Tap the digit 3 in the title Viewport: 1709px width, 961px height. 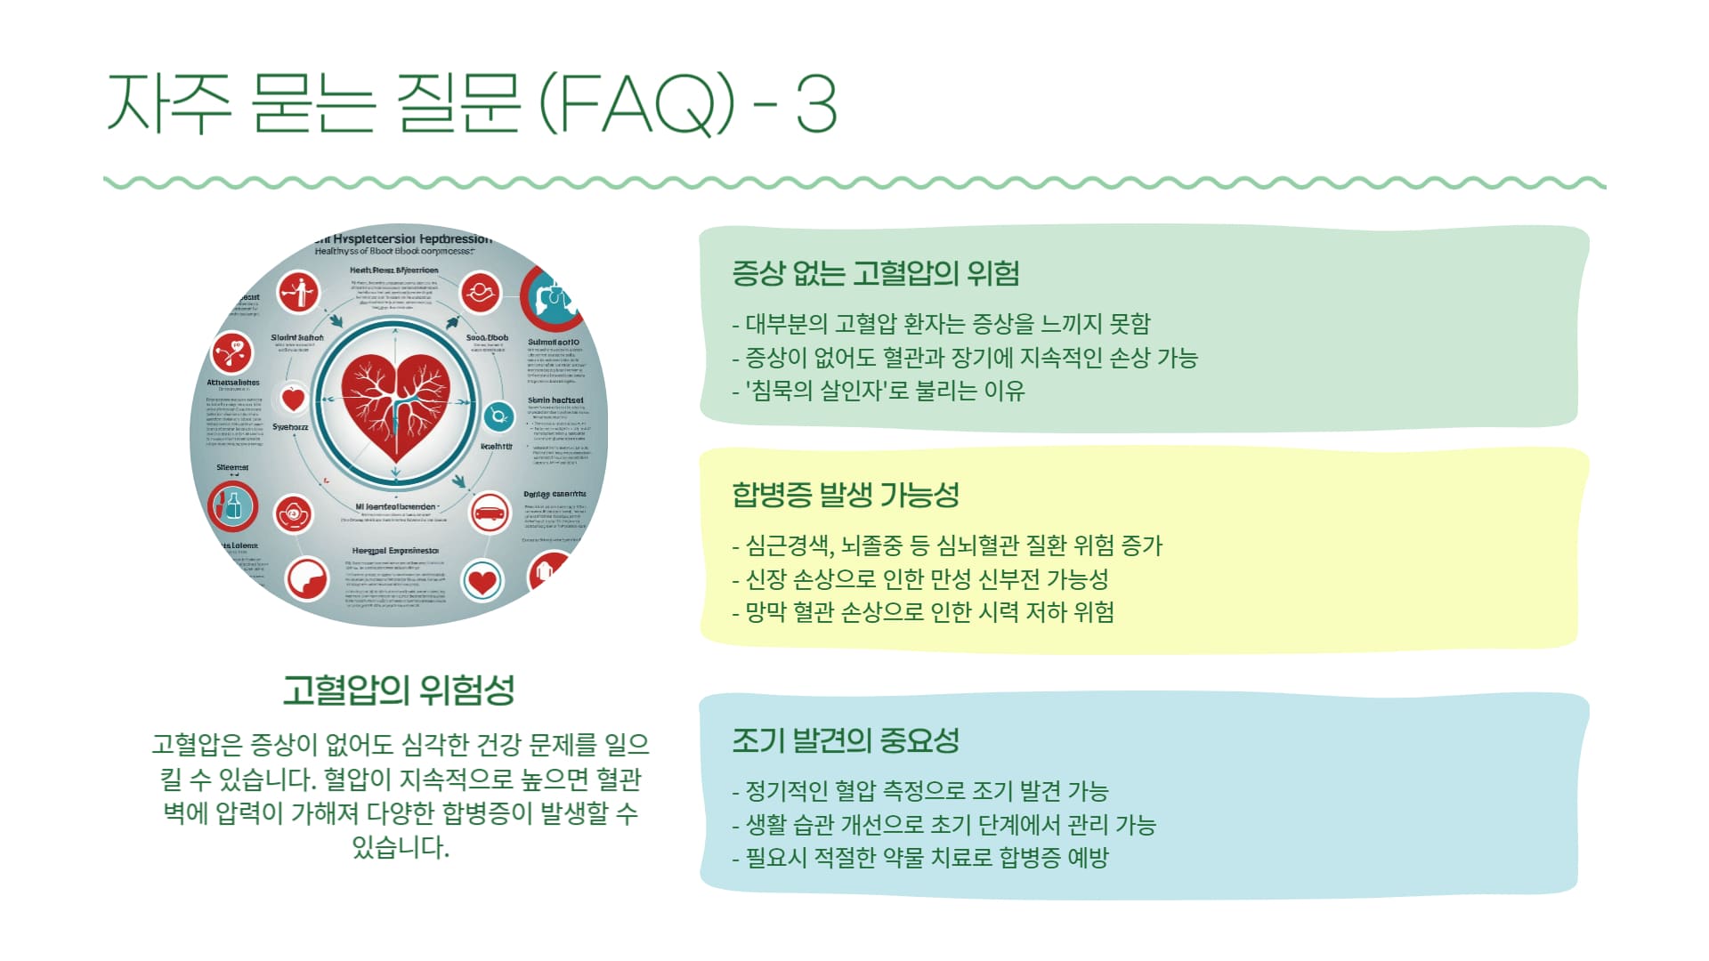coord(815,105)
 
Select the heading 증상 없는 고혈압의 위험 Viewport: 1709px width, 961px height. coord(876,273)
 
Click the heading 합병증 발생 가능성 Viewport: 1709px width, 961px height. coord(846,495)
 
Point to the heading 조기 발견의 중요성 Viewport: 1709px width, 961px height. coord(846,740)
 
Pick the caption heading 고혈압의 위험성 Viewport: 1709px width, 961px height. coord(399,690)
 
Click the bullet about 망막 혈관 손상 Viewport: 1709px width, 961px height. coord(924,612)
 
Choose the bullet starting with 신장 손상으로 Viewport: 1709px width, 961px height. coord(920,579)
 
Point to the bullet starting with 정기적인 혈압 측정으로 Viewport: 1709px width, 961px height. coord(920,791)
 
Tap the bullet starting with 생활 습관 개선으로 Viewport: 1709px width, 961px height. coord(944,825)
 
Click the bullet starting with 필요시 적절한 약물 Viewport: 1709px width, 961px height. coord(920,858)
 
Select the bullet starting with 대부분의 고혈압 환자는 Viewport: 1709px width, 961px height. coord(942,323)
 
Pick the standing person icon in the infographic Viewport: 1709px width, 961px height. coord(298,291)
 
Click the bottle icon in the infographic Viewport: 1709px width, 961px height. coord(233,505)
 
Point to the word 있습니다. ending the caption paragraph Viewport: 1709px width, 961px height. coord(401,847)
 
